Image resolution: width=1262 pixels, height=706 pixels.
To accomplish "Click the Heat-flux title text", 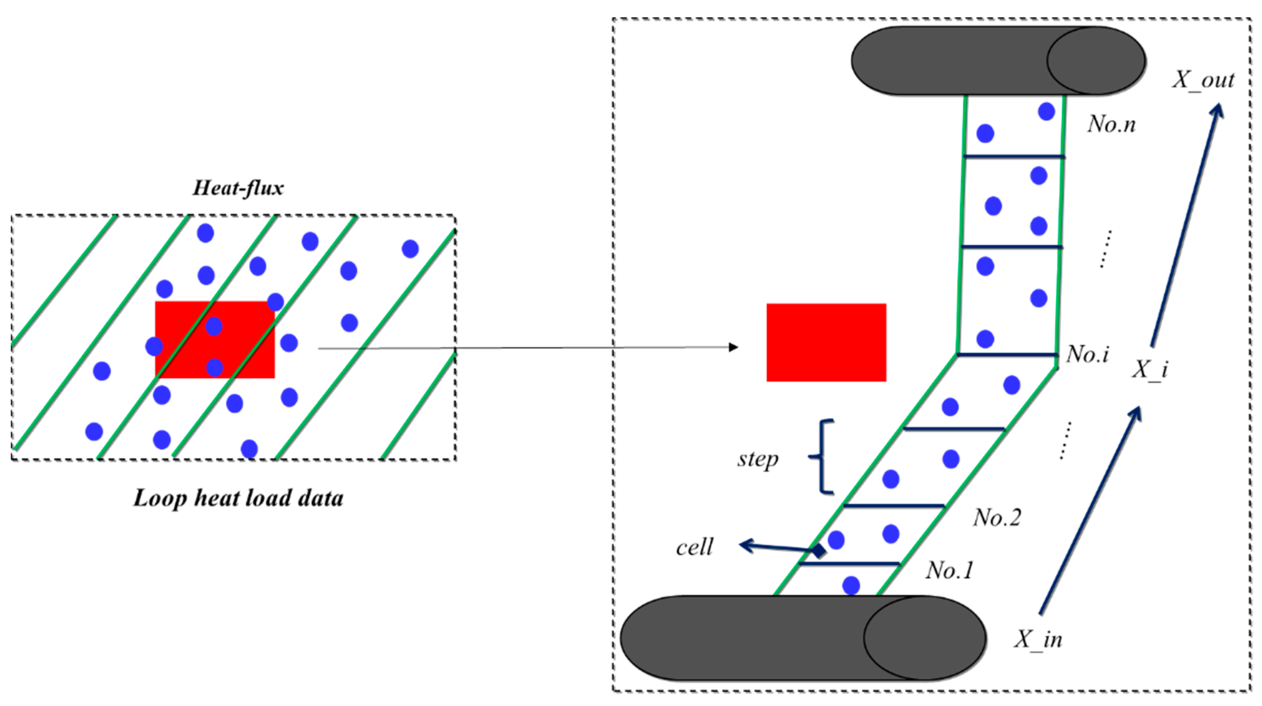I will pos(238,188).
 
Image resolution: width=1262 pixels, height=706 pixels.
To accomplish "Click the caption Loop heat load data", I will pos(238,498).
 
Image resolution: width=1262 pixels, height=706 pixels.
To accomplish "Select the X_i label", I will pos(1150,369).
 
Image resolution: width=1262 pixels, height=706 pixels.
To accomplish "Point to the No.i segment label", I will pos(1088,354).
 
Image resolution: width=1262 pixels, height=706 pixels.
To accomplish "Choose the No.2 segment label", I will pos(997,517).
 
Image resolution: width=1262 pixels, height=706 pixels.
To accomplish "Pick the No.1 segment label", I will pos(949,570).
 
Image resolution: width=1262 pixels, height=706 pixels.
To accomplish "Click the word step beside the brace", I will pos(758,460).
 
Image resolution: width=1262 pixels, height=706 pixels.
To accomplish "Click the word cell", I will pos(694,547).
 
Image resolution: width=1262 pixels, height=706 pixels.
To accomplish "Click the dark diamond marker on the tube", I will pos(819,551).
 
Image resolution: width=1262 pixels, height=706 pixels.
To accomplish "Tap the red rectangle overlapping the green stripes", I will pos(215,339).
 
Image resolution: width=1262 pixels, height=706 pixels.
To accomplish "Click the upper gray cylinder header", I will pos(998,61).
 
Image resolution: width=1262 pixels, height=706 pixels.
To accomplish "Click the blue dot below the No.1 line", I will pos(851,585).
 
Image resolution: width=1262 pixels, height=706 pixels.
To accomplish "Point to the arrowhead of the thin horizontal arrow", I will pos(733,348).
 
